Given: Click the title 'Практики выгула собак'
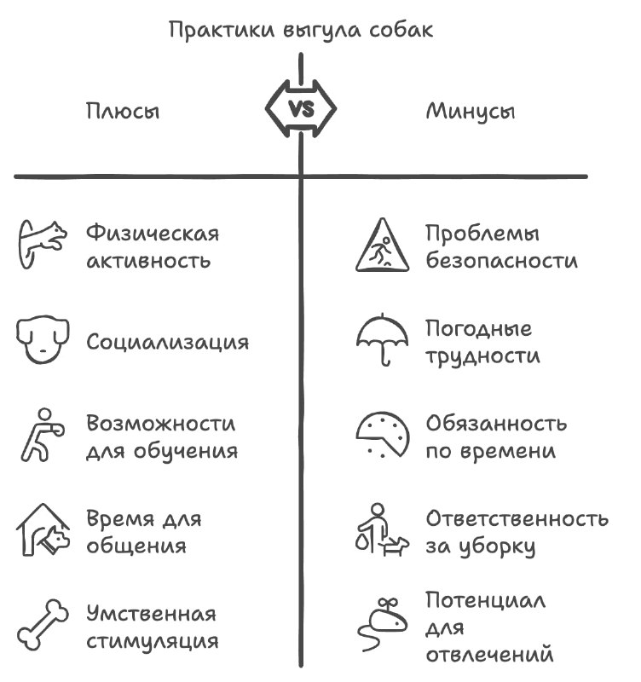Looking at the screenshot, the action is tap(301, 31).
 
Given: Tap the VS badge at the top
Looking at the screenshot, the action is tap(301, 109).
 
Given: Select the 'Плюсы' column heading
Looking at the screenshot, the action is tap(123, 112).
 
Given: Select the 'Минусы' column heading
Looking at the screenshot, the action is tap(471, 112).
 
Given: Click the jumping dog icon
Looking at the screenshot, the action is tap(42, 244).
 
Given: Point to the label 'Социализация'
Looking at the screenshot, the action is tap(167, 343).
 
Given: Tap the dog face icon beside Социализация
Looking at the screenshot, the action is tap(43, 339).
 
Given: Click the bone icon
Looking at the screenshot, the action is tap(43, 625).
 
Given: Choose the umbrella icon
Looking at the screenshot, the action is tap(382, 339).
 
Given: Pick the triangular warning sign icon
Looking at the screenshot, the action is tap(382, 246).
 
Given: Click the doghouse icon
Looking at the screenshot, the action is tap(43, 529).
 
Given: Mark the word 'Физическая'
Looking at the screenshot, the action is tap(153, 233).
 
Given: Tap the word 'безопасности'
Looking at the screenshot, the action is tap(502, 260).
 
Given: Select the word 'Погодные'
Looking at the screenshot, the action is tap(479, 329).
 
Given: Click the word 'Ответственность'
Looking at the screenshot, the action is tap(517, 518).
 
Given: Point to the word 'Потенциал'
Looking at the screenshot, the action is tap(485, 600).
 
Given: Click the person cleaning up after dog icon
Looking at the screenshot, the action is tap(382, 529).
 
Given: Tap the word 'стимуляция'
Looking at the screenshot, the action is tap(153, 642).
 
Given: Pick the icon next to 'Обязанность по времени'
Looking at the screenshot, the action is tap(382, 435).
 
